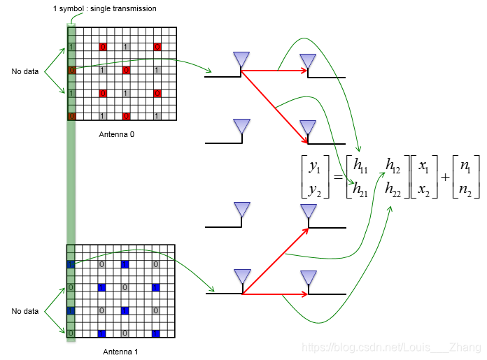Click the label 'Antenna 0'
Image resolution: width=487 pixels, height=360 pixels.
click(116, 134)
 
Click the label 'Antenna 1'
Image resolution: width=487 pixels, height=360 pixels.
click(120, 352)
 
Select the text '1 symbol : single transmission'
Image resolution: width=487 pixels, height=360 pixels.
click(104, 8)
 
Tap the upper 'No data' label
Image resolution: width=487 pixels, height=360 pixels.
click(25, 71)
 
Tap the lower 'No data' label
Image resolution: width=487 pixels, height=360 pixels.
click(25, 311)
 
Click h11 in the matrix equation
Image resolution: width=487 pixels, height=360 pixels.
click(362, 166)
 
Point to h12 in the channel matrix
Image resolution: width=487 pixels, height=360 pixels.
click(393, 166)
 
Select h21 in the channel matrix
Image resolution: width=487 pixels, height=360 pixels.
click(362, 187)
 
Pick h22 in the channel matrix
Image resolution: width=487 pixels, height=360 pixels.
click(394, 187)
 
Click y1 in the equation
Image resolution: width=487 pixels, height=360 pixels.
click(313, 167)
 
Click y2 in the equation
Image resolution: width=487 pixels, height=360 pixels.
click(313, 188)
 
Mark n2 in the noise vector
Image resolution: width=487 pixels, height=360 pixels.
click(464, 188)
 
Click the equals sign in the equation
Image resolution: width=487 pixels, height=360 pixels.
click(337, 178)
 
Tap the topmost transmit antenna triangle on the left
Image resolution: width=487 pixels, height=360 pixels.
click(241, 59)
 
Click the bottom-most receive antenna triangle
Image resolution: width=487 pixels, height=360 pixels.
click(308, 278)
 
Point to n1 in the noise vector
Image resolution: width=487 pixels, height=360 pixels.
click(464, 167)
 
